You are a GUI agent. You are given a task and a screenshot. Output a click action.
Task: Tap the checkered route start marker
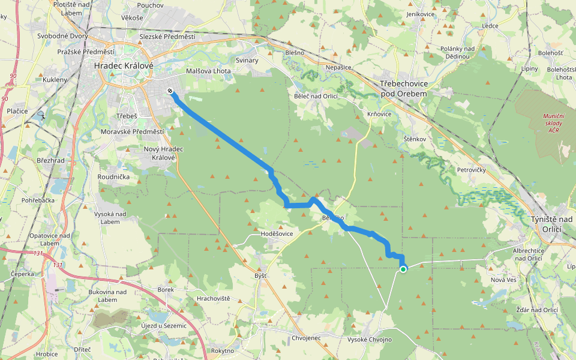coord(170,91)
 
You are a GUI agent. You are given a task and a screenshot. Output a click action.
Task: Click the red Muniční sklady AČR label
coord(553,124)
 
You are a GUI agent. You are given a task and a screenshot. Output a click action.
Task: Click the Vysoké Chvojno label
coord(370,340)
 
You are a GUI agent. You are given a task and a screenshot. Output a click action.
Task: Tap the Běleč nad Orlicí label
coord(316,96)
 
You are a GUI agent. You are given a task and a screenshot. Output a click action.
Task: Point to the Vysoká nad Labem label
coord(110,218)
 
